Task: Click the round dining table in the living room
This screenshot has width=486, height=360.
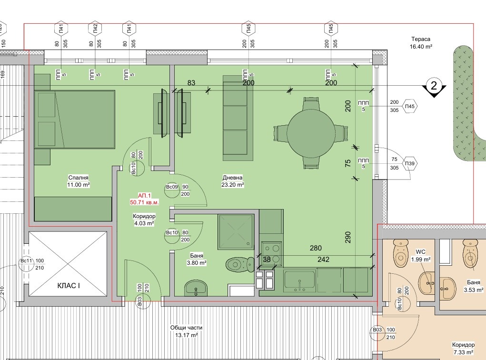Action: point(311,133)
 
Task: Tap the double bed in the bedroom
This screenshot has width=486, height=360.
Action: point(75,120)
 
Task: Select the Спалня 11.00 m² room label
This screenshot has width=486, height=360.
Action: point(79,181)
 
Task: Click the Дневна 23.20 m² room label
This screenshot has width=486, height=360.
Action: point(232,181)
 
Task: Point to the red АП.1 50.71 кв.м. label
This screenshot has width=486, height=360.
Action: point(144,199)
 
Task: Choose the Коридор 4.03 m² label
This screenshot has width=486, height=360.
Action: point(144,220)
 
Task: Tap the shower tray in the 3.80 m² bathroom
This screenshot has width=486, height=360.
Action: point(236,231)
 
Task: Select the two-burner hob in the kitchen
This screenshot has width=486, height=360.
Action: point(271,254)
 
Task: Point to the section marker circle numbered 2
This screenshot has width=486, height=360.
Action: point(434,85)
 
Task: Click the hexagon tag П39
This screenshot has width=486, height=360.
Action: point(410,163)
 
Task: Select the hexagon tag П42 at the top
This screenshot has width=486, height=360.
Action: point(95,29)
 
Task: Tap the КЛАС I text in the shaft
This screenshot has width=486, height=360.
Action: point(69,286)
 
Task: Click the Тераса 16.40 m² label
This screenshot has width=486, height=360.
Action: point(421,43)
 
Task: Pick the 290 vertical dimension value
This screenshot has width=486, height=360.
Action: point(348,237)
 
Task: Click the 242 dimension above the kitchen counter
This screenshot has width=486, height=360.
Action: point(323,260)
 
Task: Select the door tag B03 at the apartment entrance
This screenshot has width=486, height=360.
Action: point(139,301)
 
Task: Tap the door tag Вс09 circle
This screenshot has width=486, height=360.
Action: point(172,190)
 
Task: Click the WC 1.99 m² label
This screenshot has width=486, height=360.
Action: point(421,256)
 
